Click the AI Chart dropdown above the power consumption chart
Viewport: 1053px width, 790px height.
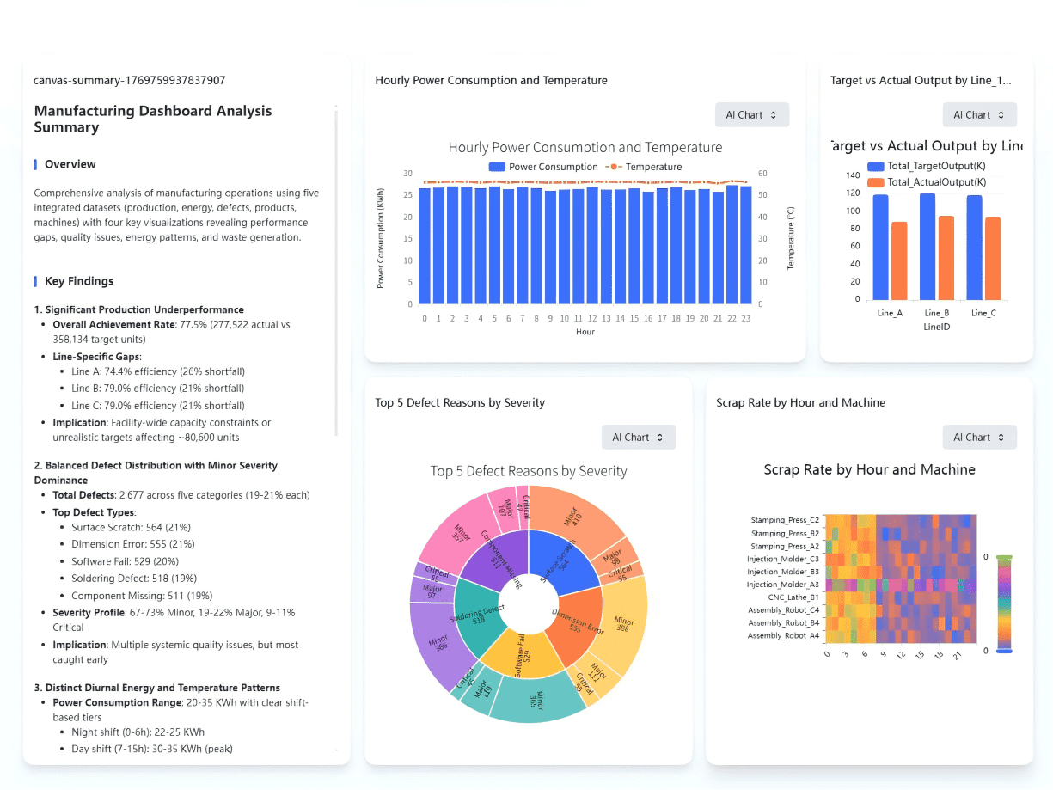[751, 115]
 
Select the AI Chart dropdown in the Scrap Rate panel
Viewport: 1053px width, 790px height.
[979, 438]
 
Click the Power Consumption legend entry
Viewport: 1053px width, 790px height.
[543, 167]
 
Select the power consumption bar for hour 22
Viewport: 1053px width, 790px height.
[732, 244]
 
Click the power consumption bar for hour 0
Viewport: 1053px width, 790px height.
[425, 246]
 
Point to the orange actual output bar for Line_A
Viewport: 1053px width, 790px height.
[899, 260]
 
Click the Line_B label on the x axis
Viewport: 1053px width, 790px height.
[937, 314]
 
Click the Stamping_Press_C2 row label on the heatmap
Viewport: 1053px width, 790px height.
[785, 520]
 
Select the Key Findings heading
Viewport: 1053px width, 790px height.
[79, 281]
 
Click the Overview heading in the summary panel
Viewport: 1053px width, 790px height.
[70, 164]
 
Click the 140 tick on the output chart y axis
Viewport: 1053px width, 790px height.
[853, 175]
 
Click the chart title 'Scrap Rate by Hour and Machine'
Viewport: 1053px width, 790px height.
[869, 470]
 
